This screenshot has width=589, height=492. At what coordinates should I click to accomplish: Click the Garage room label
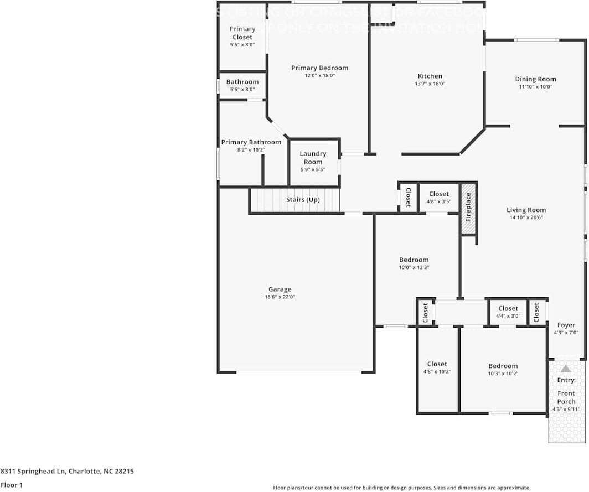(280, 289)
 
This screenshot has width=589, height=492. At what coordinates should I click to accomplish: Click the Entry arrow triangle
(565, 369)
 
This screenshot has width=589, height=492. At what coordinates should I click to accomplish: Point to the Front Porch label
(566, 397)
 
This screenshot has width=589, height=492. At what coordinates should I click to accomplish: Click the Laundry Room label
(313, 158)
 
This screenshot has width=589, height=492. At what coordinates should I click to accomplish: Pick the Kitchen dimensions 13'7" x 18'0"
(430, 84)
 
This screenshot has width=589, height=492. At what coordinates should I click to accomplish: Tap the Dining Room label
(535, 79)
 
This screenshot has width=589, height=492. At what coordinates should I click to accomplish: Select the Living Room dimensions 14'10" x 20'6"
(526, 217)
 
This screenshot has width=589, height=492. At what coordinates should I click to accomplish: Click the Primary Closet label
(242, 33)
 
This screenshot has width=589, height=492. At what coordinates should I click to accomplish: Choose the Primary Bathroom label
(251, 142)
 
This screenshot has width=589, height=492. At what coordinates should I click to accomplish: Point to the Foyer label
(566, 325)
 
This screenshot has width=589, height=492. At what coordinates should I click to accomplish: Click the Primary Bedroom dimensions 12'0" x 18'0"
(319, 76)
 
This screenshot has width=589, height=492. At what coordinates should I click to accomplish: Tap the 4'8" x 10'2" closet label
(437, 364)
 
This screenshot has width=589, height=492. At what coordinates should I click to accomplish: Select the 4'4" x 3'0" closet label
(508, 309)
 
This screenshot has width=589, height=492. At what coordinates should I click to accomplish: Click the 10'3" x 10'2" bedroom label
(503, 366)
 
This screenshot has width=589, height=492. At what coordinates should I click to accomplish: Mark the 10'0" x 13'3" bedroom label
(414, 260)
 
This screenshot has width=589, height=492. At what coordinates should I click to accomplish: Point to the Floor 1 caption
(12, 485)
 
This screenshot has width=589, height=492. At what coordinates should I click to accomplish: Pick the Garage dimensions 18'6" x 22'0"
(280, 297)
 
